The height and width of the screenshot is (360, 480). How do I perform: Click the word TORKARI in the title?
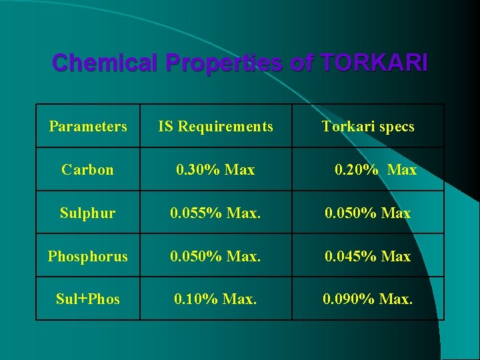click(374, 63)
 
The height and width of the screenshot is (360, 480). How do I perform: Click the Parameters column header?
click(88, 126)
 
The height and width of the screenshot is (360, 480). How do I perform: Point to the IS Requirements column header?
click(215, 126)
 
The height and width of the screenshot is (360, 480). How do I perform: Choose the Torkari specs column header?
click(368, 126)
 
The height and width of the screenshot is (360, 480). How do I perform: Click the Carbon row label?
click(88, 169)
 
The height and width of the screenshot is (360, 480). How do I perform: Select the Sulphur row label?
click(88, 213)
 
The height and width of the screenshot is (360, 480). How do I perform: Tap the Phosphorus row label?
click(88, 256)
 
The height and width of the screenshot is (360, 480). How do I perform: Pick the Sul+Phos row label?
click(88, 299)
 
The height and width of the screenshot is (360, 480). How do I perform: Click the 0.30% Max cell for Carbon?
click(215, 170)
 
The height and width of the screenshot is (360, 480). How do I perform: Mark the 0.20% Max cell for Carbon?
click(375, 170)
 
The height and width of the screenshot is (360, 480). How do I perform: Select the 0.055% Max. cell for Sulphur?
click(215, 213)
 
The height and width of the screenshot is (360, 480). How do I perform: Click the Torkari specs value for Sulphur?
click(367, 213)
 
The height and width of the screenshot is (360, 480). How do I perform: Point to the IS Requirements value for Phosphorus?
click(215, 256)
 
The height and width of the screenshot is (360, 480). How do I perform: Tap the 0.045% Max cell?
click(367, 256)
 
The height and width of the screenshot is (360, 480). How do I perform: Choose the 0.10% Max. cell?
click(215, 299)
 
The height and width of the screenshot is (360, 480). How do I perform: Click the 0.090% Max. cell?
click(367, 299)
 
